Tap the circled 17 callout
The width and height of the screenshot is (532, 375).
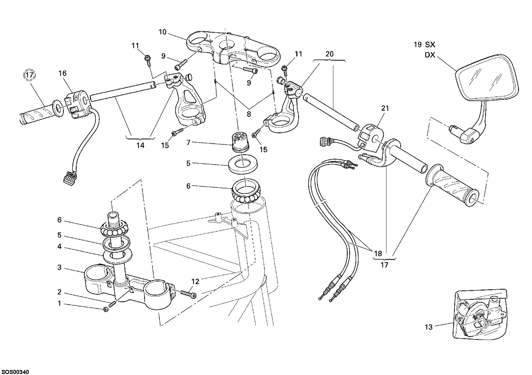30,75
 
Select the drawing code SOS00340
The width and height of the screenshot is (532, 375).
15,372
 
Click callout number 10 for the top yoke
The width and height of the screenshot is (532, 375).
163,32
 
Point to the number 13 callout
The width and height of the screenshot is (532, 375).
429,327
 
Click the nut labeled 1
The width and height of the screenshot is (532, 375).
106,309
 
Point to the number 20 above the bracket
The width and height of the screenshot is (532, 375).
330,54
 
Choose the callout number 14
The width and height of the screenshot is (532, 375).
140,145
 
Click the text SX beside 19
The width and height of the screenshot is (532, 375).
430,45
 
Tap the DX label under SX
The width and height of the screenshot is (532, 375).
430,55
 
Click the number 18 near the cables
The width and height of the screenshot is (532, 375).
378,253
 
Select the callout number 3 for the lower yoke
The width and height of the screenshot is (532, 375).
60,267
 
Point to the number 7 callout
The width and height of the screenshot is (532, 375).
188,143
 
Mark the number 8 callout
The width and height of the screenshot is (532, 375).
249,114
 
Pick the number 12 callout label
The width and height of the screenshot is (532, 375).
195,282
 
